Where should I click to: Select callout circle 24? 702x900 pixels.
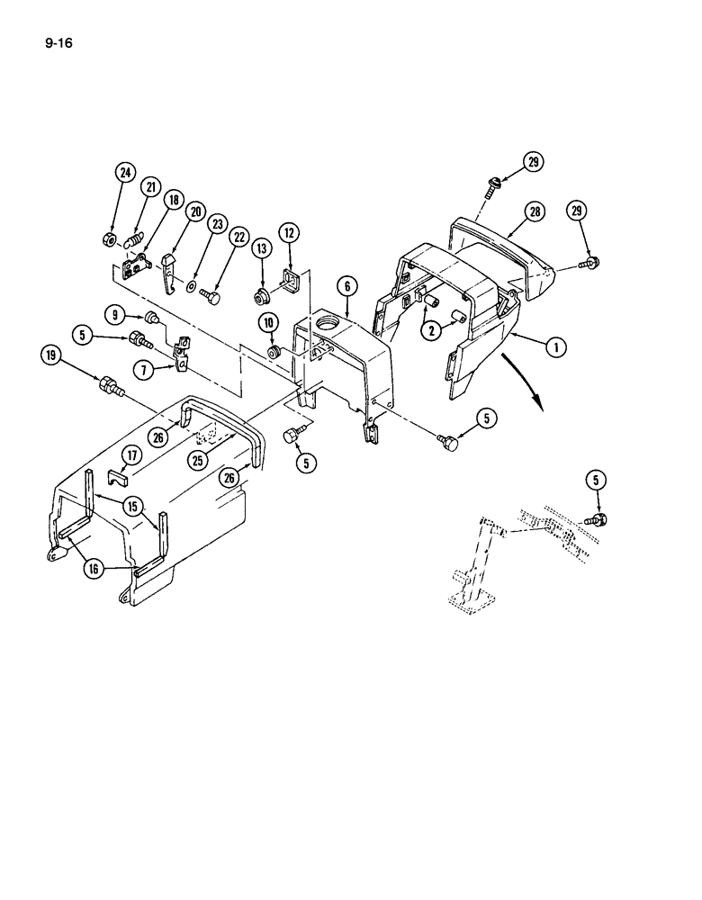click(x=123, y=174)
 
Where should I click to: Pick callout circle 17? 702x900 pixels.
click(x=130, y=455)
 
